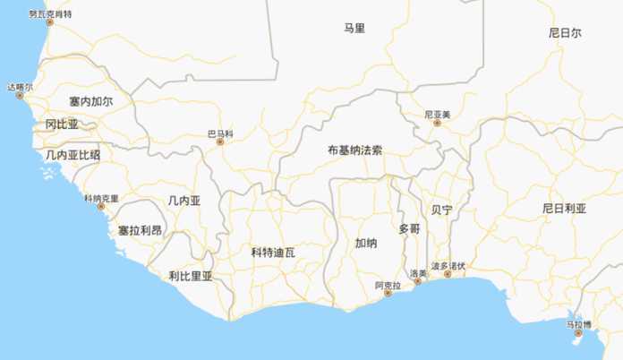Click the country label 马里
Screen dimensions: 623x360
[x=354, y=29]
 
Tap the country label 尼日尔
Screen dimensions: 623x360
[x=565, y=33]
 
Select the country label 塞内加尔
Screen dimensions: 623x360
[x=90, y=102]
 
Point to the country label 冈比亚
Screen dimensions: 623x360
[x=63, y=124]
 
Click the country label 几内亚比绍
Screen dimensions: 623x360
[x=73, y=155]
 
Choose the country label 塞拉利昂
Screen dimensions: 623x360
[x=141, y=230]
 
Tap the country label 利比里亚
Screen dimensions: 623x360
[x=191, y=276]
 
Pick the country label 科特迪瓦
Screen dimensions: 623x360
[x=273, y=253]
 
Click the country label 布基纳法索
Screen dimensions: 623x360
[x=354, y=150]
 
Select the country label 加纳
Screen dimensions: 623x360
[x=366, y=243]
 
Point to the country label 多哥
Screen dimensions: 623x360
[x=409, y=228]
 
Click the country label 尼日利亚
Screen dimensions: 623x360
[x=564, y=208]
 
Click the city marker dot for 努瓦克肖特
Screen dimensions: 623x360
[x=50, y=22]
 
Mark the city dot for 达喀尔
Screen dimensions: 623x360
[x=20, y=95]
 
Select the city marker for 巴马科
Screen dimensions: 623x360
[x=219, y=141]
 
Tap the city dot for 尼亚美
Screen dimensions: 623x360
[x=438, y=123]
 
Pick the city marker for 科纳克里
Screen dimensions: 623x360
[x=101, y=206]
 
